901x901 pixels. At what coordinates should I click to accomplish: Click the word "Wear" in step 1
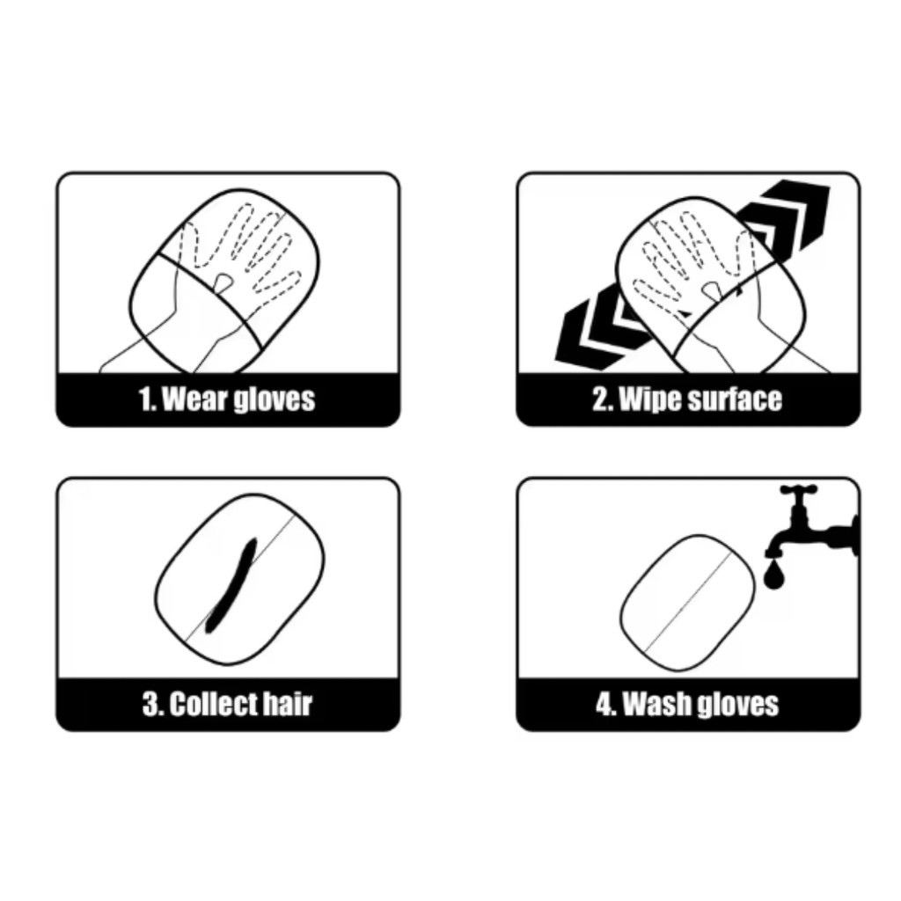point(191,399)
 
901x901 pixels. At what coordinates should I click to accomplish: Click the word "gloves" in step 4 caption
point(738,705)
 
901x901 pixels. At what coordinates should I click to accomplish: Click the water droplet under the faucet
point(774,575)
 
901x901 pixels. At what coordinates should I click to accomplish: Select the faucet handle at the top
point(799,490)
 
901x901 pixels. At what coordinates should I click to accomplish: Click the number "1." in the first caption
point(148,399)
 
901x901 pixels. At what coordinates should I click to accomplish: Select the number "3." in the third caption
point(153,703)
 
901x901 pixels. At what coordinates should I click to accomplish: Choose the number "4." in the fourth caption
point(607,703)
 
